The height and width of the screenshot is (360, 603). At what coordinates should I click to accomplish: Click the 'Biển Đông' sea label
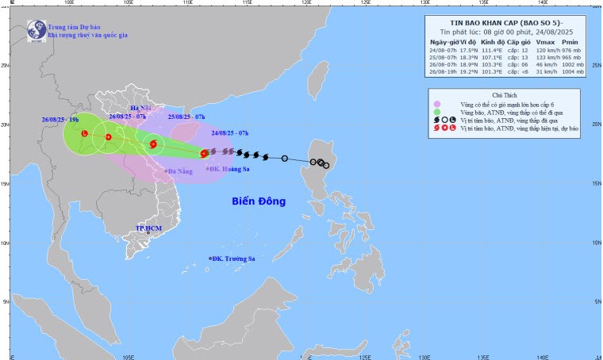tap(259, 201)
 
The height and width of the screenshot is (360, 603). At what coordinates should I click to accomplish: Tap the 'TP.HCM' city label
tap(148, 228)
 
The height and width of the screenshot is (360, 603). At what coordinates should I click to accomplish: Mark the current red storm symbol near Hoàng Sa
tap(204, 153)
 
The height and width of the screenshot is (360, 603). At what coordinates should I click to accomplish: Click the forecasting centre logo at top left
tap(35, 29)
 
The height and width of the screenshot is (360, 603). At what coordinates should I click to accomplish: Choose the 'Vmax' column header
tap(545, 41)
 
